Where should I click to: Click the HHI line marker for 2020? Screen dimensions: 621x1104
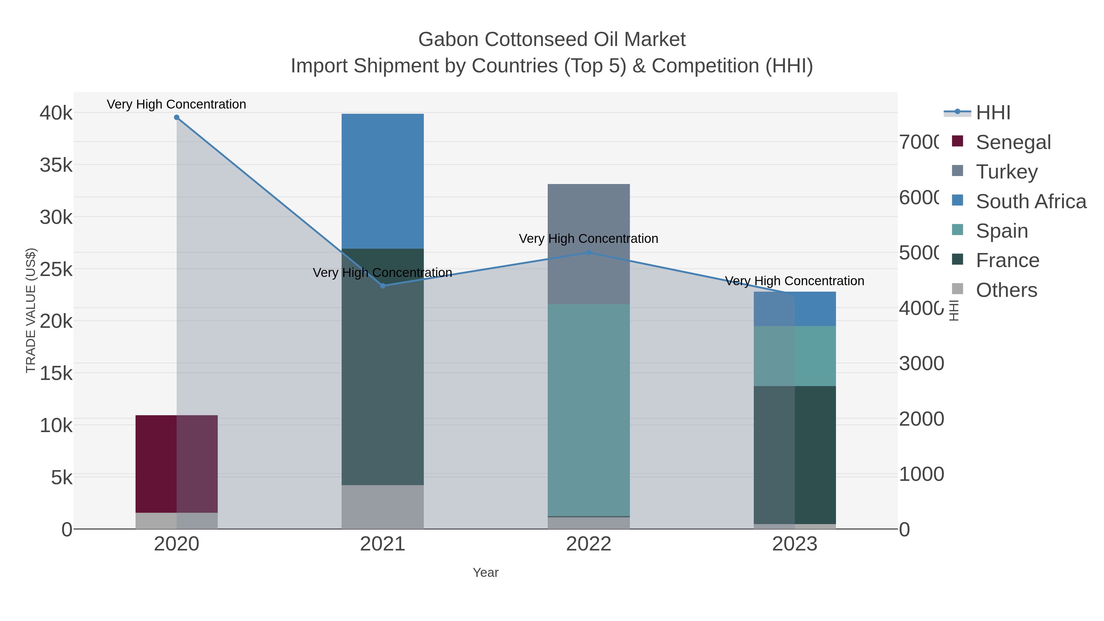click(177, 117)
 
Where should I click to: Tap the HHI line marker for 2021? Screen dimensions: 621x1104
click(383, 286)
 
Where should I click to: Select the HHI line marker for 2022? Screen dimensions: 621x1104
click(588, 253)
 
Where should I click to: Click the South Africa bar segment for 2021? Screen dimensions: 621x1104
click(383, 181)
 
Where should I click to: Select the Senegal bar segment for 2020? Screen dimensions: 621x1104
click(177, 464)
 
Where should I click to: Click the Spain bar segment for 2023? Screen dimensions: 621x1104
click(795, 356)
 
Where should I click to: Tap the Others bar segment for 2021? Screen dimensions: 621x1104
click(383, 507)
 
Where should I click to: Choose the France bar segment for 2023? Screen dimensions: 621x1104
click(795, 455)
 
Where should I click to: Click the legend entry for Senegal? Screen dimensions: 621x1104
click(1013, 142)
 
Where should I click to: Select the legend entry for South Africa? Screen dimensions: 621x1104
click(1031, 201)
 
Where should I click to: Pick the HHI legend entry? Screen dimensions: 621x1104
click(993, 113)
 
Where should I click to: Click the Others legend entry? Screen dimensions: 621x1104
click(1006, 290)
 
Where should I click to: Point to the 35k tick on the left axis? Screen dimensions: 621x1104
click(56, 165)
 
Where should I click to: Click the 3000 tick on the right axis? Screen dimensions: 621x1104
click(922, 363)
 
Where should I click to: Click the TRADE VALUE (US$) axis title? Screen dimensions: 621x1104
click(31, 310)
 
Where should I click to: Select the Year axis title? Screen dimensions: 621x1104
click(485, 573)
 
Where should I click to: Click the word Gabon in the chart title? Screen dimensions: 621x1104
click(448, 40)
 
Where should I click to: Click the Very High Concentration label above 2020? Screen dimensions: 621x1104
click(177, 105)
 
